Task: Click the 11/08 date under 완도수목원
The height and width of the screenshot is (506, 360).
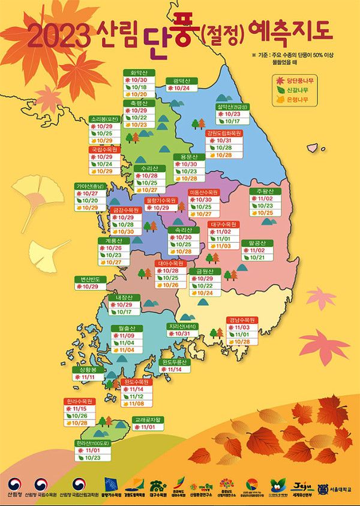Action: pos(137,403)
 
